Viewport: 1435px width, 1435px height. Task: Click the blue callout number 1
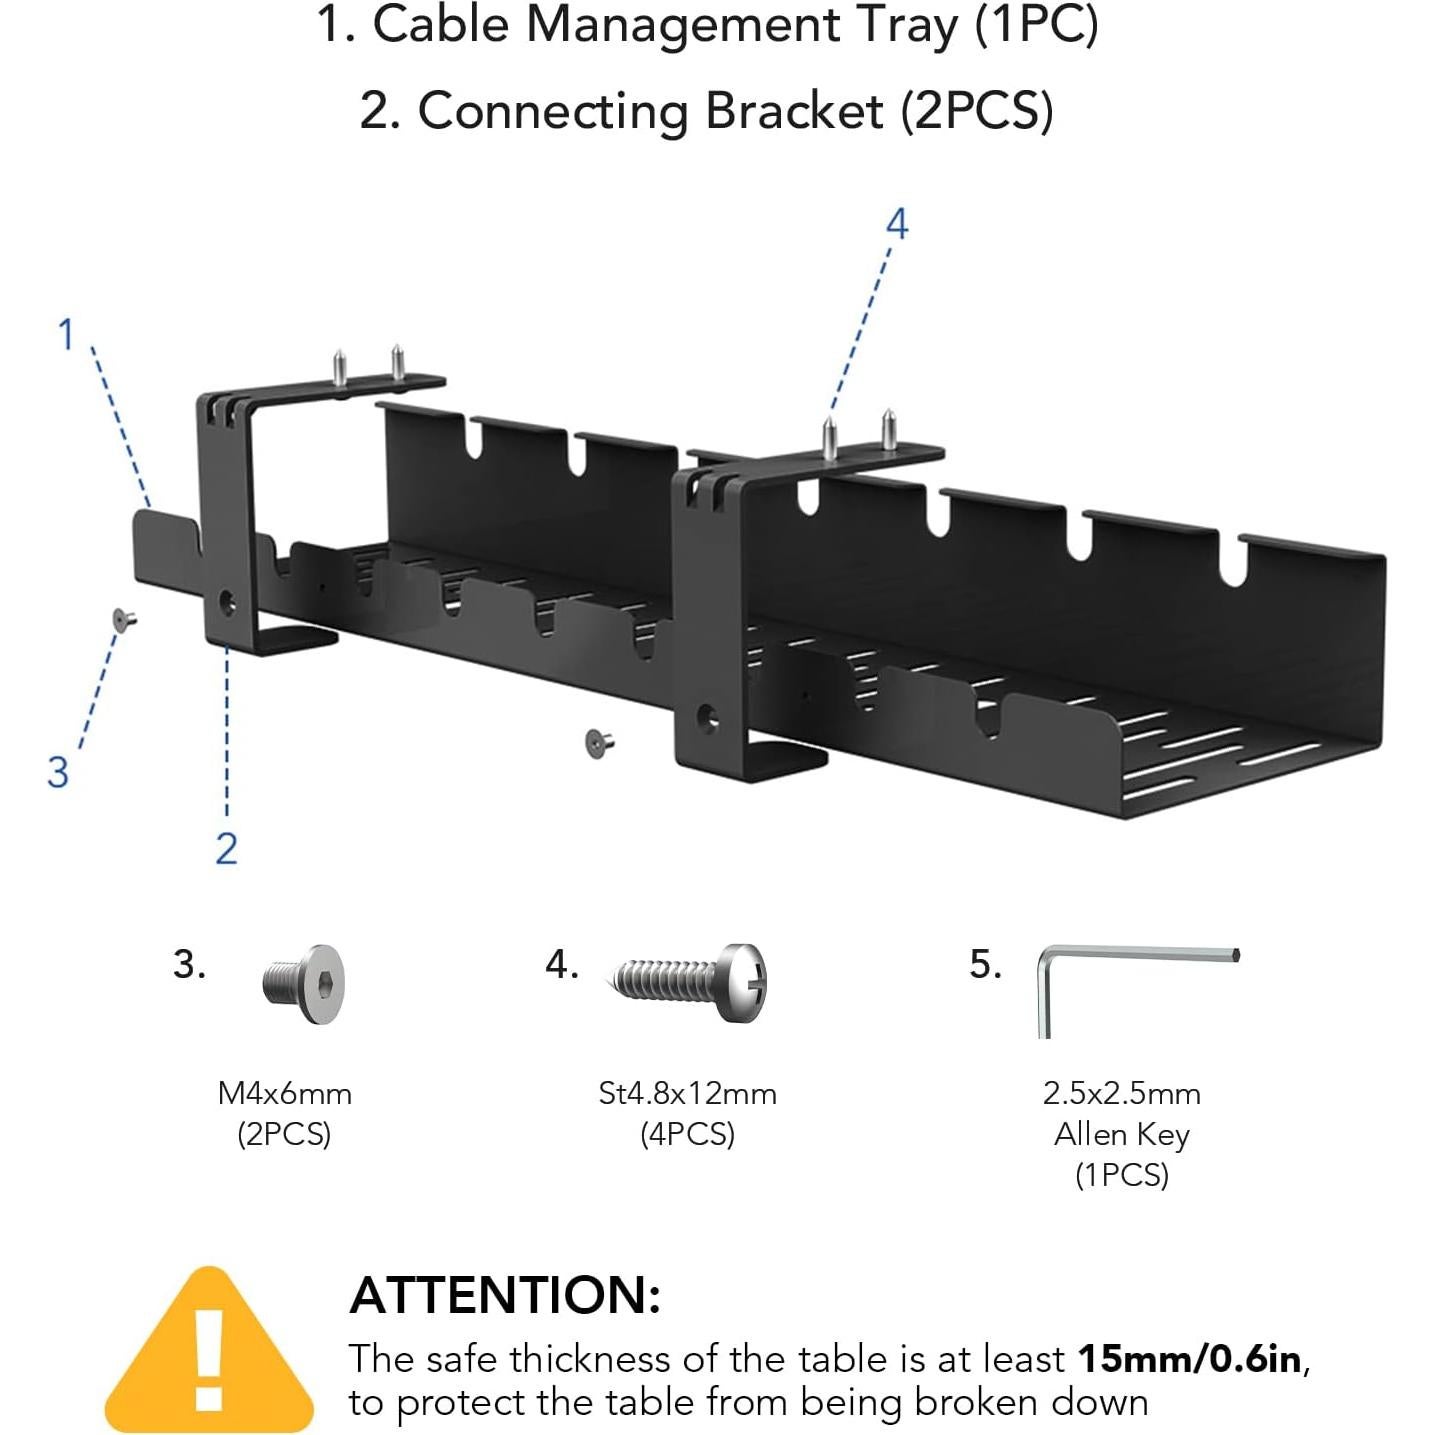(66, 335)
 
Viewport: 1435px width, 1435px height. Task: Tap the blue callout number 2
(227, 848)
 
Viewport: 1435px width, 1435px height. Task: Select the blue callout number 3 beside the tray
(58, 772)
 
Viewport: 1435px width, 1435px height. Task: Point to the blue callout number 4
(897, 224)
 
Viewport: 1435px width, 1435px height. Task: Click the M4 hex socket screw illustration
(305, 983)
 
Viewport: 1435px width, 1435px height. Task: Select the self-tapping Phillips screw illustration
(690, 981)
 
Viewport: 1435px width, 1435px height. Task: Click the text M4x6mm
(285, 1093)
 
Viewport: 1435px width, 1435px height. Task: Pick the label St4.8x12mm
(687, 1093)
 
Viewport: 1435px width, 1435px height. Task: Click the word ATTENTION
(505, 1295)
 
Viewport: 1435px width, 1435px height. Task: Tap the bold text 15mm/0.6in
(1190, 1359)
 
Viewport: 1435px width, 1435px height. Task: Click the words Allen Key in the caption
(1121, 1134)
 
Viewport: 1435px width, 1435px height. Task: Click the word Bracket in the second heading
(794, 110)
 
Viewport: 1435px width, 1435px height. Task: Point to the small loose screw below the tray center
(598, 743)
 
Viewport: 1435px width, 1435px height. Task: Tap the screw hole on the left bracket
(227, 603)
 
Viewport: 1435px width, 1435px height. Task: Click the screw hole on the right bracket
(707, 716)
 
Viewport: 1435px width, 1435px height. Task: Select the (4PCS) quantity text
(687, 1134)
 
